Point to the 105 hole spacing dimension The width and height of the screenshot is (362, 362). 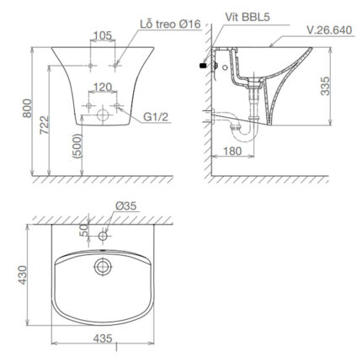click(102, 35)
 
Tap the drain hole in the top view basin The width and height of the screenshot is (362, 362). click(102, 267)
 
